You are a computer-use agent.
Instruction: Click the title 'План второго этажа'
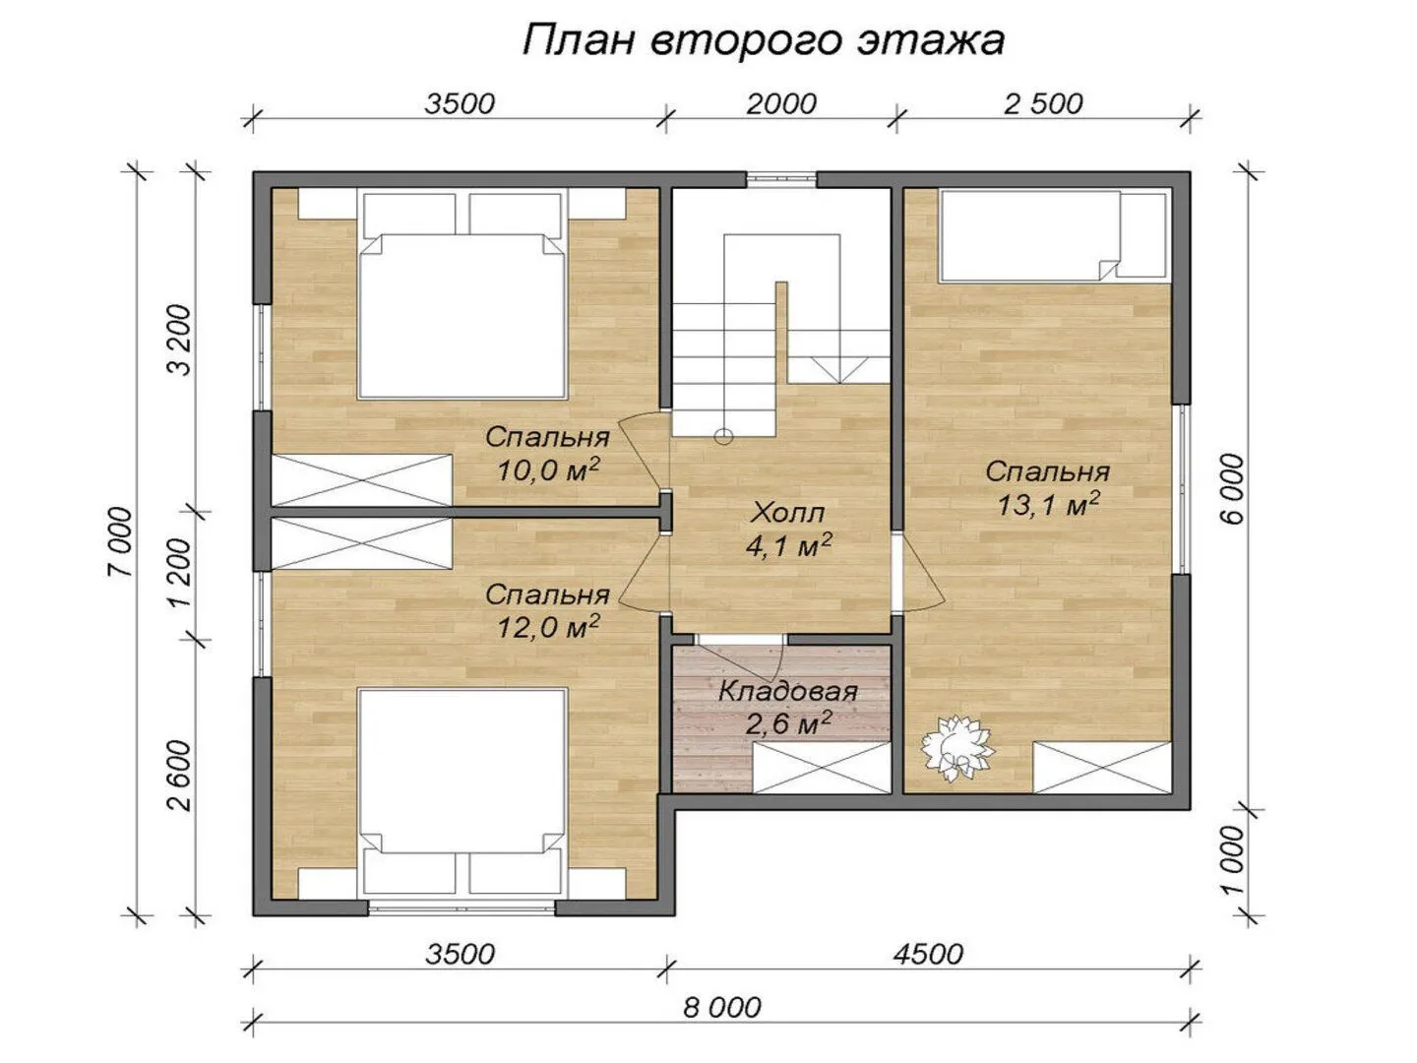(x=763, y=41)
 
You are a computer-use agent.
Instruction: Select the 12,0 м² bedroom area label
(x=547, y=610)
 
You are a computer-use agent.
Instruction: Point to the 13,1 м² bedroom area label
(x=1047, y=488)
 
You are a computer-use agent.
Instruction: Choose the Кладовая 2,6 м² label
(x=787, y=708)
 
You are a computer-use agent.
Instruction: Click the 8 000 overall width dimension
(x=721, y=1008)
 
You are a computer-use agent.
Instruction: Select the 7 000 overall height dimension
(x=121, y=541)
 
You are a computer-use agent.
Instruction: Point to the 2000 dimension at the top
(x=781, y=104)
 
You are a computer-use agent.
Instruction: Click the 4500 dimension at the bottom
(x=928, y=954)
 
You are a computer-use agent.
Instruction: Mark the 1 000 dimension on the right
(x=1232, y=859)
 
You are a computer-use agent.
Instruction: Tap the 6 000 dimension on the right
(x=1232, y=488)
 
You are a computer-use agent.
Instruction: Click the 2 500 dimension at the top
(x=1042, y=104)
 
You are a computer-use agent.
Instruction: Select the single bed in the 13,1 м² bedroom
(x=1053, y=235)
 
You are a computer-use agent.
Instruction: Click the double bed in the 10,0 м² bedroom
(x=462, y=294)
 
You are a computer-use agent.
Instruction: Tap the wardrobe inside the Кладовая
(x=822, y=768)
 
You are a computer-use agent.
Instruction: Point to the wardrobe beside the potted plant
(x=1103, y=768)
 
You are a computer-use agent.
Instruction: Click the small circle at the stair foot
(x=723, y=437)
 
